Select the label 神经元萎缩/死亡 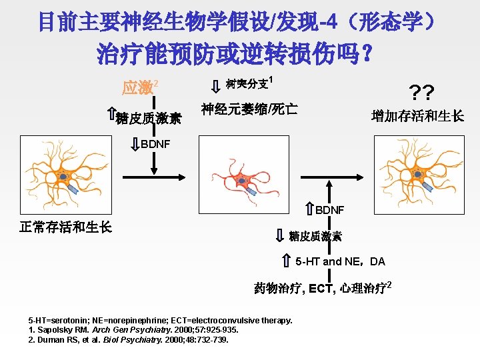pyautogui.click(x=249, y=108)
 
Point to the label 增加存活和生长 pyautogui.click(x=417, y=116)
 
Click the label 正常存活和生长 pyautogui.click(x=65, y=227)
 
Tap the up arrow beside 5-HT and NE pyautogui.click(x=285, y=261)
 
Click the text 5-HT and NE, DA pyautogui.click(x=341, y=261)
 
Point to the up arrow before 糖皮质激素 pyautogui.click(x=111, y=117)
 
